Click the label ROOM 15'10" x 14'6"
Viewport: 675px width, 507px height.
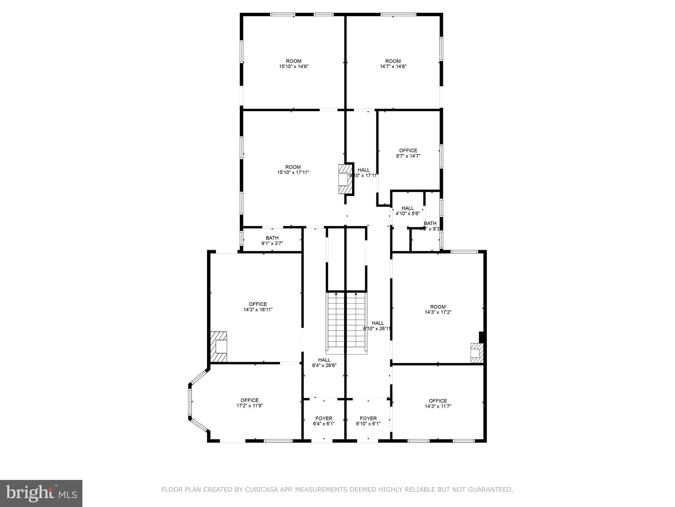click(293, 64)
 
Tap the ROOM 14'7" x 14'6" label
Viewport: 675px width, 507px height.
click(393, 64)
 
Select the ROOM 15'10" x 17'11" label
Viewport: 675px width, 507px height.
click(293, 170)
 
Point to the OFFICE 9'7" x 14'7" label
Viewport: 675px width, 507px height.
click(408, 153)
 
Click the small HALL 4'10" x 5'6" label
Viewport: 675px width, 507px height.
click(408, 211)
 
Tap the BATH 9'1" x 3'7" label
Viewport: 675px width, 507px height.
click(272, 241)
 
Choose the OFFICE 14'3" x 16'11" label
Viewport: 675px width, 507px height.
click(258, 307)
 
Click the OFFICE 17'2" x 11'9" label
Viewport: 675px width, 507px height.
click(249, 403)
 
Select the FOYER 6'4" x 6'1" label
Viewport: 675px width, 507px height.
click(324, 421)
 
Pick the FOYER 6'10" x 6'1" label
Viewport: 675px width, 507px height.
click(368, 421)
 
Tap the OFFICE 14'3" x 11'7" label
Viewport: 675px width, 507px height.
click(438, 403)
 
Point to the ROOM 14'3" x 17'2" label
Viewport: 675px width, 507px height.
click(438, 309)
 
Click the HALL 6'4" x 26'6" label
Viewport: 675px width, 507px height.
click(324, 362)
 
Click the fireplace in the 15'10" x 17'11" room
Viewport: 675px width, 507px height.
click(345, 179)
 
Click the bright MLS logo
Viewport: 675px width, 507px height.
click(41, 493)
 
